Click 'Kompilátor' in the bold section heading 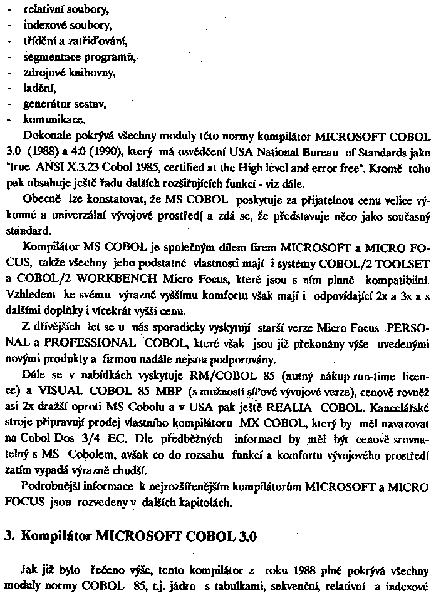58,537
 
